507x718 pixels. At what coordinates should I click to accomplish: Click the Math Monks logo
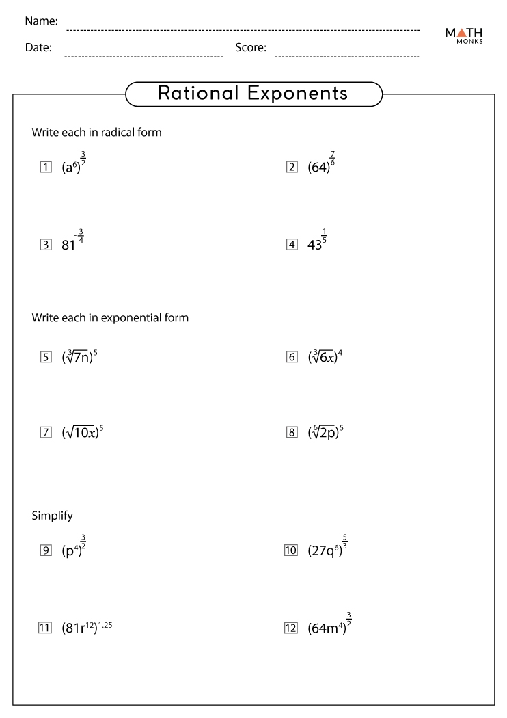tap(464, 36)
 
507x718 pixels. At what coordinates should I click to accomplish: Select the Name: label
tap(41, 21)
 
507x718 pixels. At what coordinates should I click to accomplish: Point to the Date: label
tap(38, 48)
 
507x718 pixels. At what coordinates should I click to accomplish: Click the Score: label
tap(251, 48)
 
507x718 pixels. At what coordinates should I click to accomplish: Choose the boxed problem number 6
tap(292, 357)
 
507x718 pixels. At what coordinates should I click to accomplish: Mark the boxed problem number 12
tap(290, 627)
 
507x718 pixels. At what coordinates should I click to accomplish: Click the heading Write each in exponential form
tap(110, 318)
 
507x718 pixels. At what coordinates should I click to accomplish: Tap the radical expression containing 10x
tap(82, 432)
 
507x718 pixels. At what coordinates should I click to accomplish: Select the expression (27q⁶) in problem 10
tap(325, 550)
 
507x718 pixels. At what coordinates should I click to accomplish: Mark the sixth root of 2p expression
tap(325, 432)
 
